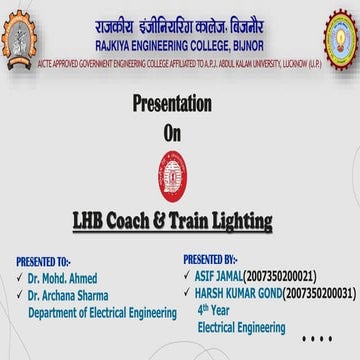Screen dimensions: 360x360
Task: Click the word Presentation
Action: coord(172,105)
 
